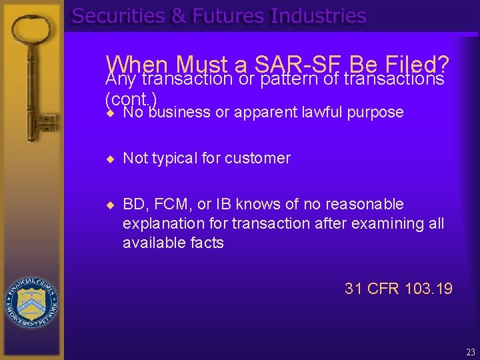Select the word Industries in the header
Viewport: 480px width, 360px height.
click(x=318, y=16)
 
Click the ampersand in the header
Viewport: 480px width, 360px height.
click(x=179, y=16)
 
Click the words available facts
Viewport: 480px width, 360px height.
click(x=173, y=243)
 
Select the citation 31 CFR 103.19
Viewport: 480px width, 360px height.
click(x=398, y=289)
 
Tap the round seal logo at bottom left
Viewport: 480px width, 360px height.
click(x=31, y=301)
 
